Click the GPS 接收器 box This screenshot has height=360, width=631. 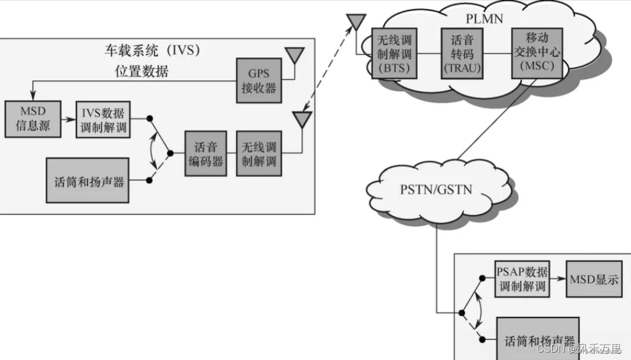click(258, 80)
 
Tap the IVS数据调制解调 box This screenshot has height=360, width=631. click(103, 120)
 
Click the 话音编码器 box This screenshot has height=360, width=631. click(205, 153)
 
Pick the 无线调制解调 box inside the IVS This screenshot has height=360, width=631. click(259, 153)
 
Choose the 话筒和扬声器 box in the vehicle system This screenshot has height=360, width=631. click(88, 180)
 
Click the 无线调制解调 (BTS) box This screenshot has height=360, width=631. click(394, 52)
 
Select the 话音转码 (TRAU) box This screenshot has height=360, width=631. click(461, 52)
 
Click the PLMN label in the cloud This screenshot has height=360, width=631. click(485, 18)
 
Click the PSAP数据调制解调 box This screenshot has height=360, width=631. click(522, 279)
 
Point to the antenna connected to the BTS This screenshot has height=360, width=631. click(354, 23)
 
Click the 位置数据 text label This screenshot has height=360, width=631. click(142, 72)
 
